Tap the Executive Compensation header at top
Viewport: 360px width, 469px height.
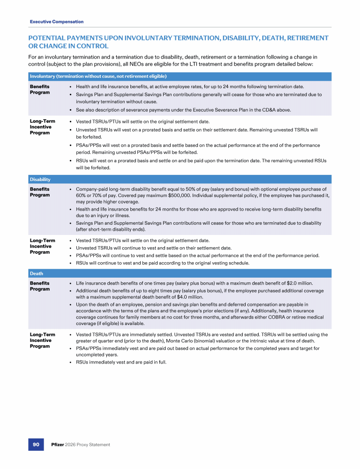point(57,22)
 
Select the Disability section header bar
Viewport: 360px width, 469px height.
point(180,179)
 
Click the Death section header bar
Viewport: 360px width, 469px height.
point(180,273)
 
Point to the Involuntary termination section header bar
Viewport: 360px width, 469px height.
point(180,76)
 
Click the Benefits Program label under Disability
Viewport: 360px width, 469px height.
point(40,192)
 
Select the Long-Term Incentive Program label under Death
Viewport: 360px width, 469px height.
point(42,340)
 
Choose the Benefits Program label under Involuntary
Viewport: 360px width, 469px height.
point(40,90)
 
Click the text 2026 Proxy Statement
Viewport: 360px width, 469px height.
point(89,445)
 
